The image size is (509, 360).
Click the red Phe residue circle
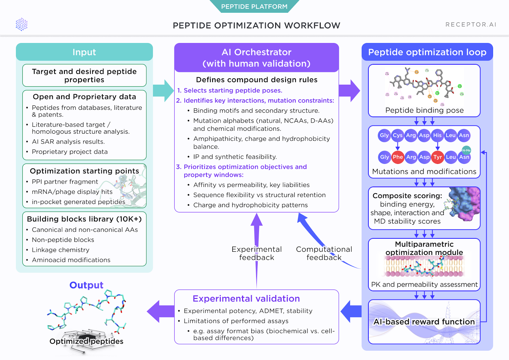pyautogui.click(x=398, y=157)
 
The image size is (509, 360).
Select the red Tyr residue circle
pyautogui.click(x=437, y=157)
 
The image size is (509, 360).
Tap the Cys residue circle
pyautogui.click(x=397, y=135)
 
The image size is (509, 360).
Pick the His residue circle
pyautogui.click(x=437, y=135)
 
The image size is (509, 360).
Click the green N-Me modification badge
pyautogui.click(x=466, y=150)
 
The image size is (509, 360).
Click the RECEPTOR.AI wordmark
pyautogui.click(x=471, y=25)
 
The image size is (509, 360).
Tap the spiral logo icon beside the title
pyautogui.click(x=22, y=25)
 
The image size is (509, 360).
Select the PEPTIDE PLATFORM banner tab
pyautogui.click(x=254, y=6)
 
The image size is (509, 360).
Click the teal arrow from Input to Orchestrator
pyautogui.click(x=164, y=91)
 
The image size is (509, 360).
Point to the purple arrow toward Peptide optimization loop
pyautogui.click(x=349, y=91)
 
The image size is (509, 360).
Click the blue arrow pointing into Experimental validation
pyautogui.click(x=351, y=311)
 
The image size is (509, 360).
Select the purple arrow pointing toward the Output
pyautogui.click(x=160, y=311)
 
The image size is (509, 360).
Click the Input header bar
pyautogui.click(x=84, y=52)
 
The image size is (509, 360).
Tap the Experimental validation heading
pyautogui.click(x=246, y=299)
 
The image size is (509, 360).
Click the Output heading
pyautogui.click(x=86, y=285)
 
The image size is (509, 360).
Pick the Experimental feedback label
pyautogui.click(x=256, y=253)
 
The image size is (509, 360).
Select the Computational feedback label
pyautogui.click(x=324, y=253)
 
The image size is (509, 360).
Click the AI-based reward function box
pyautogui.click(x=424, y=322)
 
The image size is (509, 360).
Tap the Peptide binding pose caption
pyautogui.click(x=424, y=110)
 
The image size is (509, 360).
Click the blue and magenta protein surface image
pyautogui.click(x=464, y=204)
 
